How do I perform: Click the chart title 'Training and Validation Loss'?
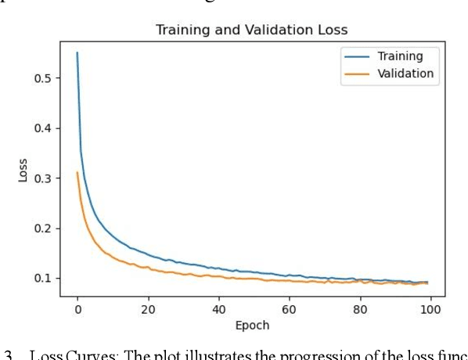point(252,31)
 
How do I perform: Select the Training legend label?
point(400,56)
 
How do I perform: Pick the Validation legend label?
point(405,74)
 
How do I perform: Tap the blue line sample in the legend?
point(355,56)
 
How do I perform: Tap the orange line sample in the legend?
point(355,74)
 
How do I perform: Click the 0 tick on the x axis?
point(77,309)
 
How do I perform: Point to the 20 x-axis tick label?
point(148,309)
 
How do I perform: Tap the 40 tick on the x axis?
point(218,309)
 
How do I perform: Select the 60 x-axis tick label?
point(290,309)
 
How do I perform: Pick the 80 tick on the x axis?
point(360,309)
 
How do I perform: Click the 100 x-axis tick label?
point(430,309)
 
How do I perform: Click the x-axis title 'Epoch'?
point(252,325)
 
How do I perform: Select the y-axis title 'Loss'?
point(23,171)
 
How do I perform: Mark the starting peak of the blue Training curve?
point(77,52)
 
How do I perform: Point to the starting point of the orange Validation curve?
point(77,173)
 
